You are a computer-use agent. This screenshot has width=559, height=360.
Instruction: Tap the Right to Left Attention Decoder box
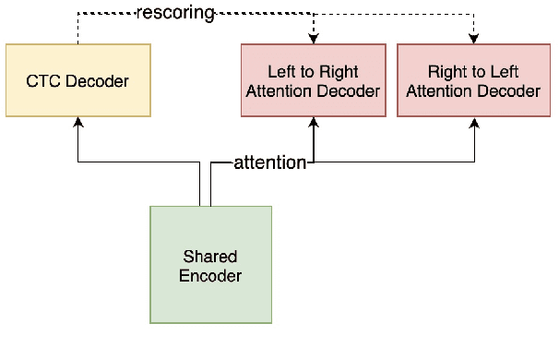pos(472,80)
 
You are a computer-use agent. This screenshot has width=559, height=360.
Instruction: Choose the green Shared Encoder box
pos(210,265)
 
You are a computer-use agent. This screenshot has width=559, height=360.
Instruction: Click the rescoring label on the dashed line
pos(174,13)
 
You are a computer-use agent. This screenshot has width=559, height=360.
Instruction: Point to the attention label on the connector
pos(269,162)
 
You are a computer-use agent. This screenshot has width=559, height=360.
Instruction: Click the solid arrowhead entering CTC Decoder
pos(77,123)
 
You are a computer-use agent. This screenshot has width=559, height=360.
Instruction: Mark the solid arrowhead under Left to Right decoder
pos(315,123)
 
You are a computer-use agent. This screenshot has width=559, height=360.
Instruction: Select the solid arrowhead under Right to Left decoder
pos(475,123)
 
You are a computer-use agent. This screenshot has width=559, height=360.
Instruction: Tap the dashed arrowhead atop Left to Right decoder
pos(315,37)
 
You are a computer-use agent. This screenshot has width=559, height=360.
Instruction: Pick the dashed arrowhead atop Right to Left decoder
pos(475,37)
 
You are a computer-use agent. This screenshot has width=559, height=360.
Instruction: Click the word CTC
pos(43,81)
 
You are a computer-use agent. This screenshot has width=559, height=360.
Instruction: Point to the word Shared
pos(210,256)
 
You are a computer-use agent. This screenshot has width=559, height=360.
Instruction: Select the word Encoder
pos(211,275)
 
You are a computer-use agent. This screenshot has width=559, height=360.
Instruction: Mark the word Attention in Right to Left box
pos(438,90)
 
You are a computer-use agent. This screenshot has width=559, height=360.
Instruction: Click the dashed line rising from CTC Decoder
pos(77,28)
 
